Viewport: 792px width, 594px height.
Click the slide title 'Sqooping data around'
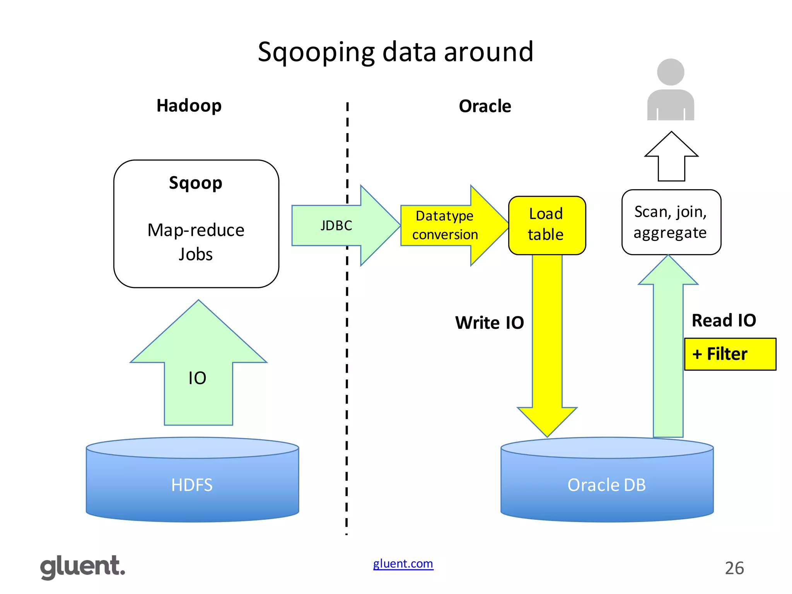[x=395, y=52]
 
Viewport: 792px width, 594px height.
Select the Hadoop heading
[x=189, y=106]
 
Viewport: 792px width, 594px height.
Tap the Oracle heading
[x=485, y=106]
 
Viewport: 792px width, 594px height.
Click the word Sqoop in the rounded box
[x=196, y=183]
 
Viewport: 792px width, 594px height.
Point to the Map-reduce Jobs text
[x=196, y=242]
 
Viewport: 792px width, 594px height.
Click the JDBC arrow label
[x=336, y=225]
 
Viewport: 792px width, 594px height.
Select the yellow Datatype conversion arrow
[x=445, y=225]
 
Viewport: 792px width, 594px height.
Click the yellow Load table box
[x=546, y=225]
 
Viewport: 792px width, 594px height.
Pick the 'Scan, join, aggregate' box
[x=671, y=222]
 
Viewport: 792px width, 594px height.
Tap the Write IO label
[x=489, y=323]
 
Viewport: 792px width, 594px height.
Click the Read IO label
[x=724, y=320]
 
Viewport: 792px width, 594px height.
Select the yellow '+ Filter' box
[x=729, y=354]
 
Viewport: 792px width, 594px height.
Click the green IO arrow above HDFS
[x=198, y=378]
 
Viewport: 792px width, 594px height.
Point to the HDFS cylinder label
[x=192, y=485]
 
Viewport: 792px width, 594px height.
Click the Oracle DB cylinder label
[x=606, y=485]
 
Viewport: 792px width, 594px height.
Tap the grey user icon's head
[x=671, y=72]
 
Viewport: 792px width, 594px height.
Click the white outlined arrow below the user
[x=671, y=159]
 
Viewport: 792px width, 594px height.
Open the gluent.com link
[x=403, y=563]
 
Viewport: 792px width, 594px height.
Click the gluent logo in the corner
[x=83, y=567]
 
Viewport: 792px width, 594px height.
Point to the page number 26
[x=734, y=568]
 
